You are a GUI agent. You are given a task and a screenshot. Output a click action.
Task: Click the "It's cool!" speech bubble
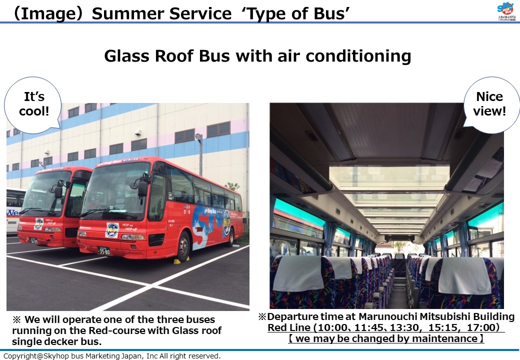pos(33,105)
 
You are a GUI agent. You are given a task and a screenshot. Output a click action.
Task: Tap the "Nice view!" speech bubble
pos(490,105)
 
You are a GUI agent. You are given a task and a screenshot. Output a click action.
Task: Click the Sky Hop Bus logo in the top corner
pos(506,11)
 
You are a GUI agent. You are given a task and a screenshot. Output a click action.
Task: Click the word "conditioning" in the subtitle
pos(358,56)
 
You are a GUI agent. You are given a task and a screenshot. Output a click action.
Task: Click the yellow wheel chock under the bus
pos(181,260)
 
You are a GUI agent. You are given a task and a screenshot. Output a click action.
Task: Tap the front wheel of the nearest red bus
pos(183,245)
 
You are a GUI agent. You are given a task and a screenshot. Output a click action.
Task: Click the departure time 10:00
pos(331,327)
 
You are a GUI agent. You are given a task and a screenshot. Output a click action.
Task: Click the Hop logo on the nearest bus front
pos(112,229)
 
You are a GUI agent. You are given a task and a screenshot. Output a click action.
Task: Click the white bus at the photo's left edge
pos(15,210)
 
